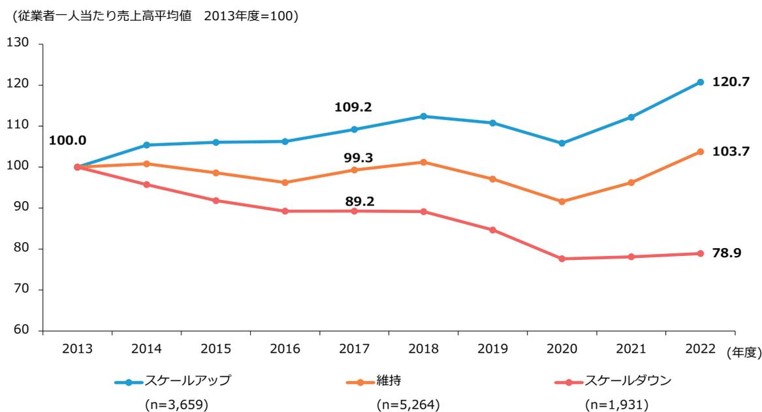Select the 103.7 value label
coord(731,151)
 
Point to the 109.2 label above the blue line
coord(353,107)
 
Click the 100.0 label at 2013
coord(67,140)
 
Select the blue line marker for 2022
coord(700,82)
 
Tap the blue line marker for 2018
coord(423,116)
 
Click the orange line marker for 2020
coord(562,202)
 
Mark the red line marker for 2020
coord(562,259)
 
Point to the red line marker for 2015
coord(215,200)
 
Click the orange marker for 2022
coord(700,151)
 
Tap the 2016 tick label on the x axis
coord(285,349)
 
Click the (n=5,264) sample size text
coord(408,405)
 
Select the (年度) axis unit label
coord(743,352)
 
